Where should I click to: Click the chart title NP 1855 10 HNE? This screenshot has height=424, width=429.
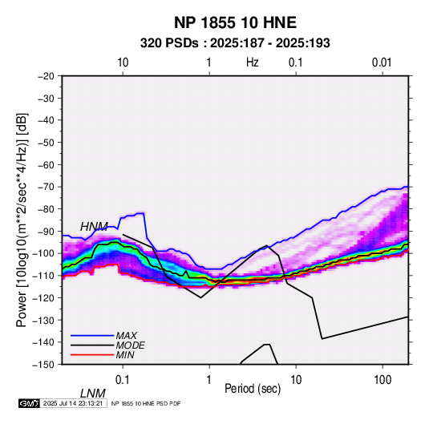(235, 22)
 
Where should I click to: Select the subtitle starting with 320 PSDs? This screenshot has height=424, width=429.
(235, 43)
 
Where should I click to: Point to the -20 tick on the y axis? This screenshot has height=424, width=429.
(46, 76)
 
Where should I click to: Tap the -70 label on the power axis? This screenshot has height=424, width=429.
(46, 187)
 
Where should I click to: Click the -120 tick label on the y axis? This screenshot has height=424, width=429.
(43, 298)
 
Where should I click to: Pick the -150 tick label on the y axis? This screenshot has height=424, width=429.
(43, 365)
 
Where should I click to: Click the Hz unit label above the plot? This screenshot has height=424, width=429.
(253, 63)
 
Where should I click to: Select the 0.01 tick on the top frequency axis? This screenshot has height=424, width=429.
(382, 63)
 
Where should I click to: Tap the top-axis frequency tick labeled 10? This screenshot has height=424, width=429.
(123, 63)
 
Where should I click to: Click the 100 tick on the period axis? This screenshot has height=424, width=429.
(382, 380)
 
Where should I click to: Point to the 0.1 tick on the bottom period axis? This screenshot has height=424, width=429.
(123, 380)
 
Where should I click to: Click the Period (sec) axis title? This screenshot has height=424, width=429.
(253, 389)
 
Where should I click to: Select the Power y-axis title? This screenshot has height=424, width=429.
(22, 220)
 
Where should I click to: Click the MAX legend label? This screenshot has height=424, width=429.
(127, 336)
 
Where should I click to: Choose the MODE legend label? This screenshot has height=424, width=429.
(130, 345)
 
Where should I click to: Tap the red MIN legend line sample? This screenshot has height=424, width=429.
(92, 355)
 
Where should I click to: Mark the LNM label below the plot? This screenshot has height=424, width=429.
(93, 394)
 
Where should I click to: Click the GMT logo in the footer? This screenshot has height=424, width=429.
(30, 403)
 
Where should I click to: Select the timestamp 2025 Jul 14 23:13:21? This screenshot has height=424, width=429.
(73, 403)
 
